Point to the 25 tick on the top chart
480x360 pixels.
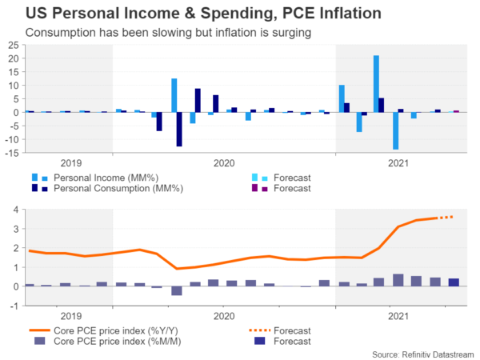coord(14,46)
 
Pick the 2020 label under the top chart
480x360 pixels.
coord(224,162)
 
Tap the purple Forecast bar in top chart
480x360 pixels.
coord(456,111)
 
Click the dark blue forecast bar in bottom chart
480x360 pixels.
coord(454,282)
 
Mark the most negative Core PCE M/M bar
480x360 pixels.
coord(177,290)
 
